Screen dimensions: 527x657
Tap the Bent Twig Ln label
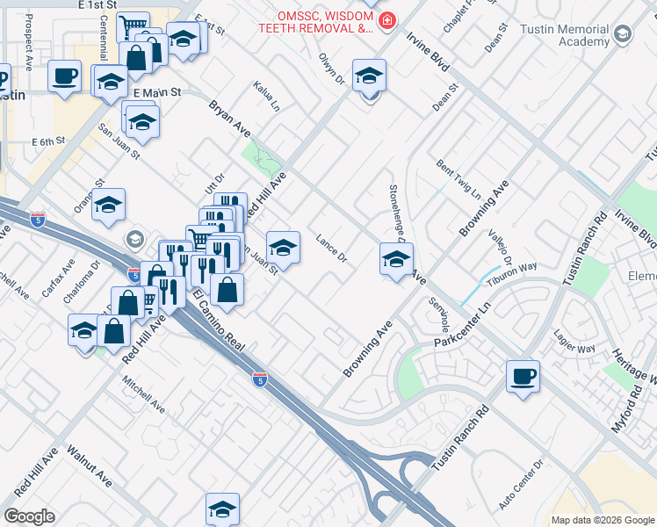coord(458,178)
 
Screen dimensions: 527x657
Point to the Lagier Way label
coord(574,342)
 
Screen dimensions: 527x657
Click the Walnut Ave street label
coord(92,469)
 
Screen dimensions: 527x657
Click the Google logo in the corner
coord(29,516)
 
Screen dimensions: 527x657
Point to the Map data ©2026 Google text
coord(603,520)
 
